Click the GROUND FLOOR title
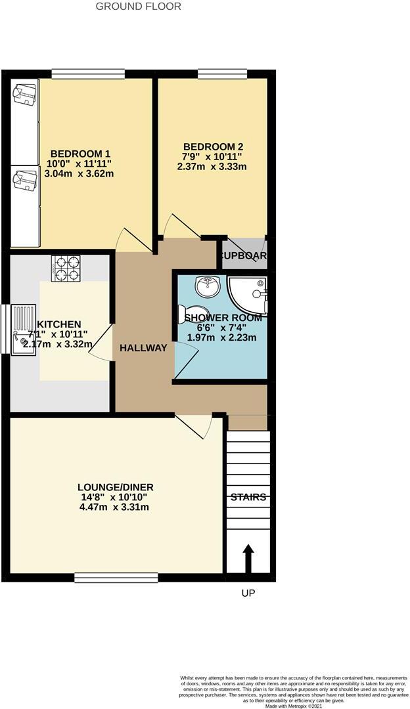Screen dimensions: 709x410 point(139,7)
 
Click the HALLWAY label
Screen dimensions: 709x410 point(143,348)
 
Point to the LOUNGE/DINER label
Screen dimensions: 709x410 point(116,486)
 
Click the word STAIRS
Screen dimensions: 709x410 point(248,497)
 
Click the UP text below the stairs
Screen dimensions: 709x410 point(248,593)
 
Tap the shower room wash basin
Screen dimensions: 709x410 point(208,286)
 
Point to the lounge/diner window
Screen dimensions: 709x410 point(116,577)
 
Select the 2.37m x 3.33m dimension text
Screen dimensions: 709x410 point(212,167)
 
